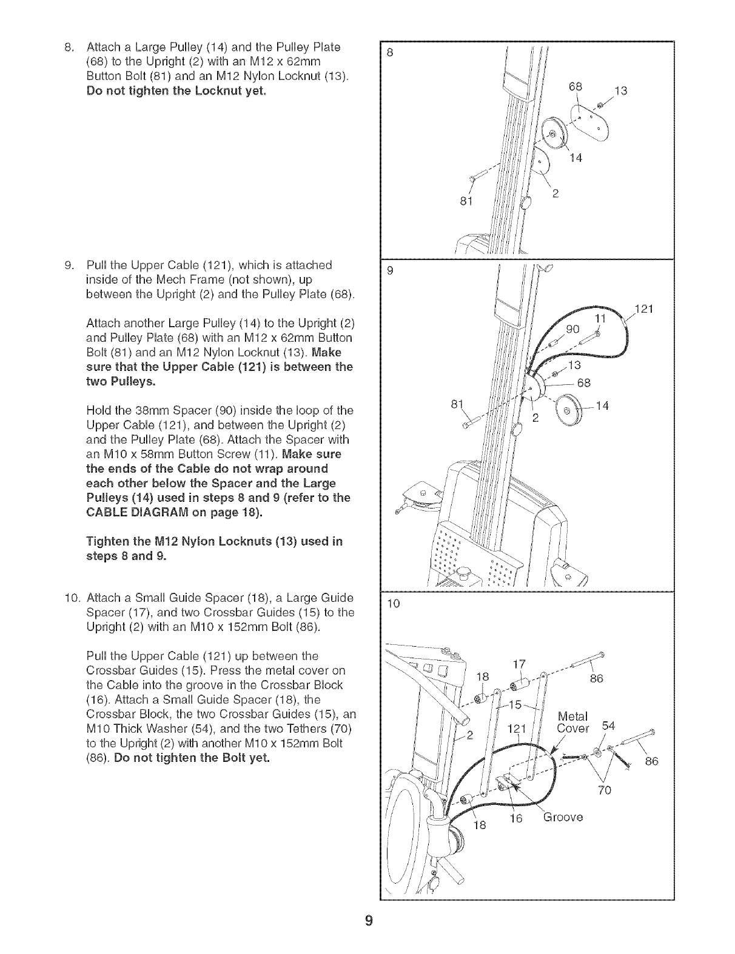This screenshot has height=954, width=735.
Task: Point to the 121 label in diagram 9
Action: click(645, 310)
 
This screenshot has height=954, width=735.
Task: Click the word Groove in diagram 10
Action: click(563, 816)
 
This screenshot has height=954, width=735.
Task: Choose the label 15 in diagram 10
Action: click(515, 704)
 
